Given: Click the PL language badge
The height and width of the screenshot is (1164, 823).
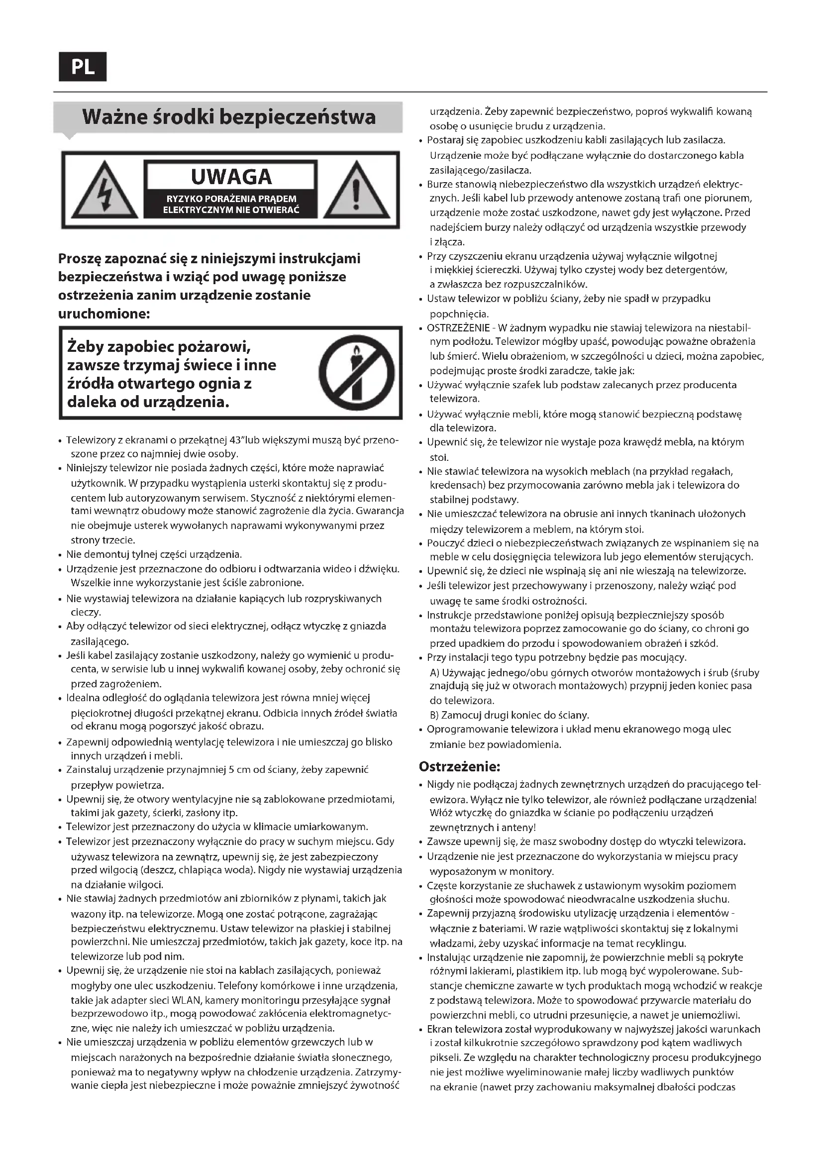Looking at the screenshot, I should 83,66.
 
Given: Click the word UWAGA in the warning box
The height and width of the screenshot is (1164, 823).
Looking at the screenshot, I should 231,177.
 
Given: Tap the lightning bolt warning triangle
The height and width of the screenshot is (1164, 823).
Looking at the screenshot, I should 104,191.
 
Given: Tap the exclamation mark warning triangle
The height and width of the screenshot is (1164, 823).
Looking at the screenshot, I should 357,191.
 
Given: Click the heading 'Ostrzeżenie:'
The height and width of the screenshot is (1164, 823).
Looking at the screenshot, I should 459,766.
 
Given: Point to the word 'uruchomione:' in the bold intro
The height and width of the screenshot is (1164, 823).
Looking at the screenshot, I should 104,314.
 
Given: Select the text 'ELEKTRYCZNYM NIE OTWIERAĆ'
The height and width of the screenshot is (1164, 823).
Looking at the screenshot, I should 231,210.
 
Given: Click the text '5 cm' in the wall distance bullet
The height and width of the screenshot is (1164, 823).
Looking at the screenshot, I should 239,769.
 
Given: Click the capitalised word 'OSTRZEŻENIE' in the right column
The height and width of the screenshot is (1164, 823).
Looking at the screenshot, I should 458,327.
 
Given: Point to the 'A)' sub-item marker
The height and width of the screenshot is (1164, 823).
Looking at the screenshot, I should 434,673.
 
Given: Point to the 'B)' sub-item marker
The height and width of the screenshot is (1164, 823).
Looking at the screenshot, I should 434,715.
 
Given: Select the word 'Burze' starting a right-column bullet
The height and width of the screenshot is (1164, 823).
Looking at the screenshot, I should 439,184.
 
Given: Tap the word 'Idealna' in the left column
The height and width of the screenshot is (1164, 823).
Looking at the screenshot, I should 83,698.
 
